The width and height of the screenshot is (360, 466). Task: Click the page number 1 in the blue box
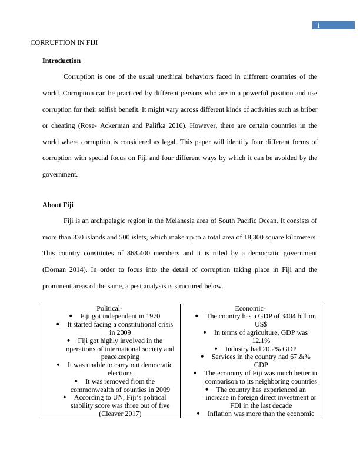[318, 25]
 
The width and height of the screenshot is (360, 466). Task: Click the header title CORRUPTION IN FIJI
[64, 43]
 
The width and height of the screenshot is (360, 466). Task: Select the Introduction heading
[61, 61]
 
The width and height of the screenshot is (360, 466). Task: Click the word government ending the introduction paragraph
[59, 174]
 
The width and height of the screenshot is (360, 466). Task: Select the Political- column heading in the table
[109, 308]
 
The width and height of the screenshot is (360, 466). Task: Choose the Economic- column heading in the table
[251, 308]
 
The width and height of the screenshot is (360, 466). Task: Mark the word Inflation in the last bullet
[222, 413]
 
